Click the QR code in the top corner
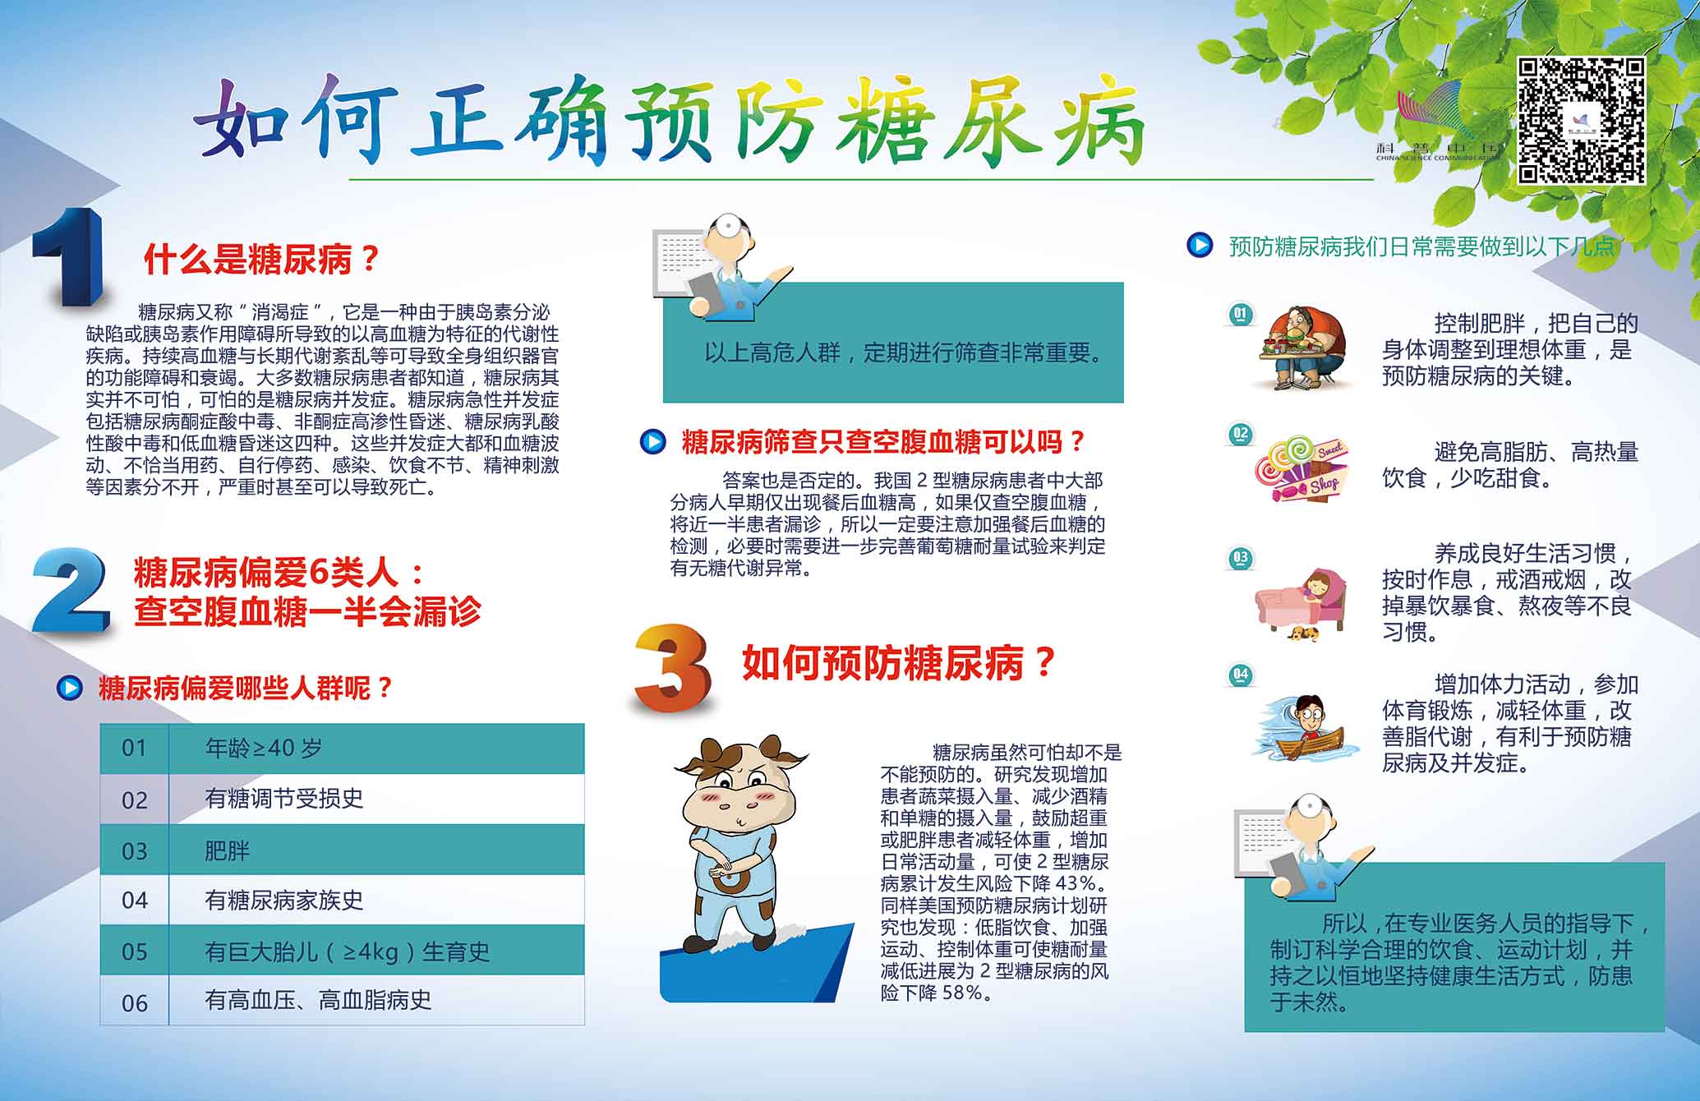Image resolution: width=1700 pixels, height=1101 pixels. [1581, 120]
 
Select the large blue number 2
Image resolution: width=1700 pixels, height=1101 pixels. [71, 590]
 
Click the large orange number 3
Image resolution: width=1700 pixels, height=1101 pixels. [673, 668]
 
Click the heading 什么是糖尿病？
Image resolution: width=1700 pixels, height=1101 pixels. [261, 259]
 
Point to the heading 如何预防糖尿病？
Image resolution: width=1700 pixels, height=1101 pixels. [898, 662]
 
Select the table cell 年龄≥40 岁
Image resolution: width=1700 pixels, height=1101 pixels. [263, 748]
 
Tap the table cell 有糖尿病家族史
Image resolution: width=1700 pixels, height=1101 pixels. [283, 900]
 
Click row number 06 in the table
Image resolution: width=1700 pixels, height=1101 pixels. [135, 1002]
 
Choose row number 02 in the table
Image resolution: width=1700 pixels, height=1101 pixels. [135, 799]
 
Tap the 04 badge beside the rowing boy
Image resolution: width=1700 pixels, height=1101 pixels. [1241, 675]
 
